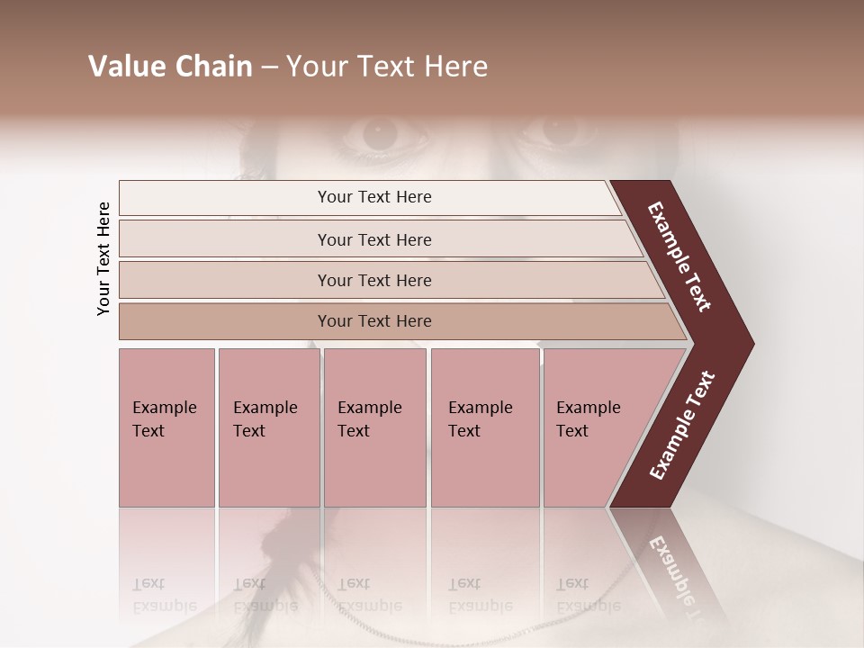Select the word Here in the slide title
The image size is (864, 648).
[x=455, y=67]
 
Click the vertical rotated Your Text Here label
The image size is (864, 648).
[x=103, y=259]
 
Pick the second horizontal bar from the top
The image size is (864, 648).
[x=374, y=239]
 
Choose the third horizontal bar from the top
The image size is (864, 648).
[x=374, y=280]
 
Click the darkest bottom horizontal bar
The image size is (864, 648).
[x=374, y=321]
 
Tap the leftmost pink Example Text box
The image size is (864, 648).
[x=166, y=427]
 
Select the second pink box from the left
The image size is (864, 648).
[x=268, y=427]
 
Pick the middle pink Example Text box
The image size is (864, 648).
[x=374, y=427]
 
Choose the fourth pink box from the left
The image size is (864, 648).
[x=484, y=427]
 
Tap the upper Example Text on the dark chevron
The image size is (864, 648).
[x=680, y=256]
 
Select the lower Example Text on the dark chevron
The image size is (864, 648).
[x=681, y=425]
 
